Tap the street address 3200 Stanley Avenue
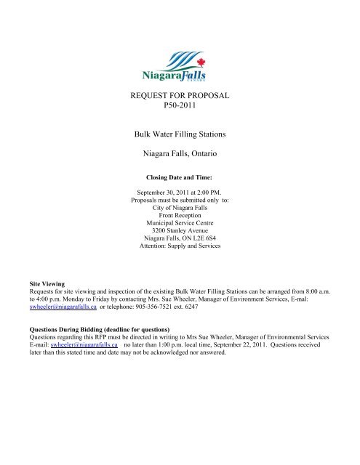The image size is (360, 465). [179, 235]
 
